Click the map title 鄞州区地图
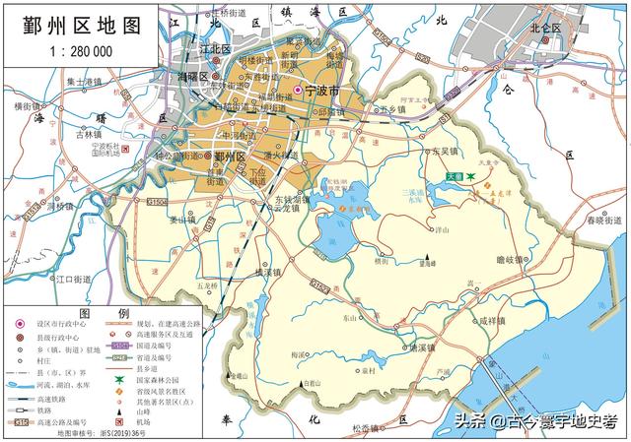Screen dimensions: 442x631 click(79, 26)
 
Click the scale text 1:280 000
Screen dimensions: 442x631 click(79, 50)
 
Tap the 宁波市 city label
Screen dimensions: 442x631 click(322, 90)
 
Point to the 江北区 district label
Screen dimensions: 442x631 click(214, 47)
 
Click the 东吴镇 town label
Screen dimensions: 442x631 click(446, 152)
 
